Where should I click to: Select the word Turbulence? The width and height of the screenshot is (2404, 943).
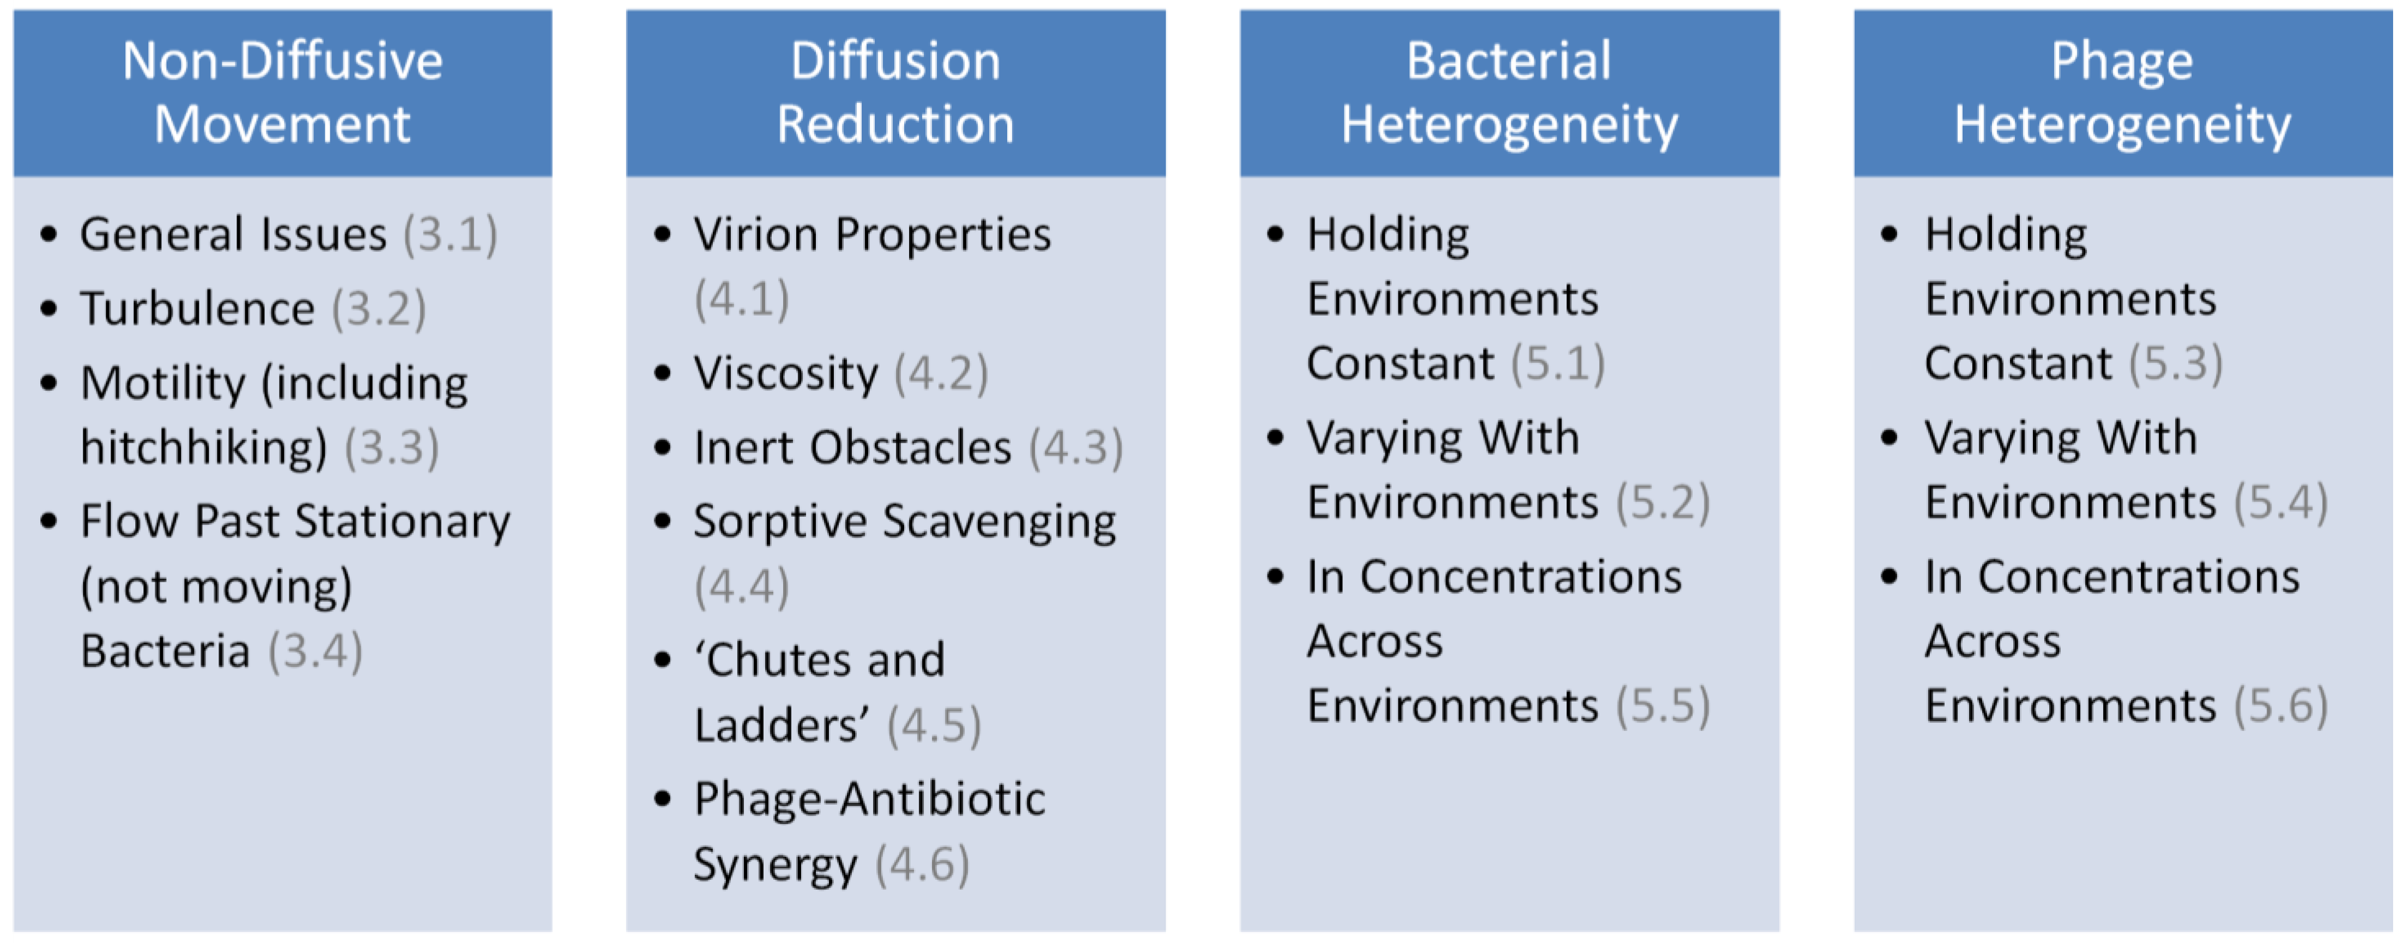tap(197, 309)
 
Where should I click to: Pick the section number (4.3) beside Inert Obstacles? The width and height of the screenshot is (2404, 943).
tap(1075, 448)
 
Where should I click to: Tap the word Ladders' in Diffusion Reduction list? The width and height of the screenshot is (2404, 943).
tap(781, 726)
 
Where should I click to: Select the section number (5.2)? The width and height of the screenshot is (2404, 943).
tap(1662, 503)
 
